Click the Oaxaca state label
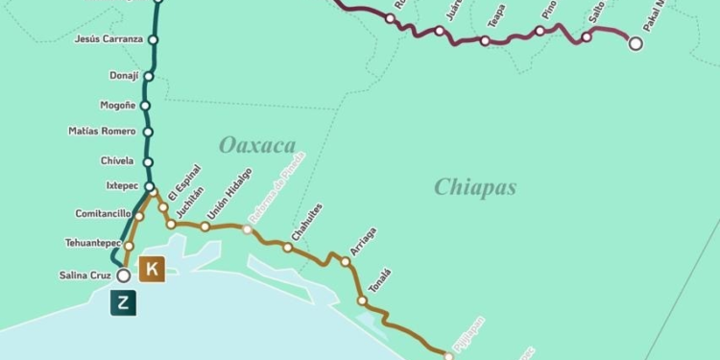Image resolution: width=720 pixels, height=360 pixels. (x=256, y=145)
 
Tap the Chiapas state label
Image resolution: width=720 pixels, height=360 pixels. (x=474, y=186)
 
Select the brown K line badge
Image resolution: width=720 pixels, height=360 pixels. (x=152, y=269)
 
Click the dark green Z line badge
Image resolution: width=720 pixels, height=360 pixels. (x=123, y=302)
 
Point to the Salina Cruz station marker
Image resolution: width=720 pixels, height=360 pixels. (x=123, y=276)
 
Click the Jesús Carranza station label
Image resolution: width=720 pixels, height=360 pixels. (x=108, y=39)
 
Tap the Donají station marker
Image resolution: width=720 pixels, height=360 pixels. (x=149, y=75)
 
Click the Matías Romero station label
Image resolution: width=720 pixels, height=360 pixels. (x=103, y=131)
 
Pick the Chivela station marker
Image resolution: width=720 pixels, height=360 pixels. (x=148, y=162)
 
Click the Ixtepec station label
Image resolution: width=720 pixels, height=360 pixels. (x=123, y=186)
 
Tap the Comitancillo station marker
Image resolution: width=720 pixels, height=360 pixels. (x=139, y=216)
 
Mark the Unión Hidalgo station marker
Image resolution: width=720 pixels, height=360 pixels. (x=204, y=227)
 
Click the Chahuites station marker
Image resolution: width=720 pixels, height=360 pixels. (x=287, y=248)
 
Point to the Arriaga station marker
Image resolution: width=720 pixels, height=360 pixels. (x=346, y=261)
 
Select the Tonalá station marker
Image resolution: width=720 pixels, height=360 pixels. (x=362, y=300)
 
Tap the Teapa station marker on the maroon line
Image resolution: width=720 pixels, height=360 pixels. (x=485, y=41)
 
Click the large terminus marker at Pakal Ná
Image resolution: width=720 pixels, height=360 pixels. (x=635, y=42)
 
